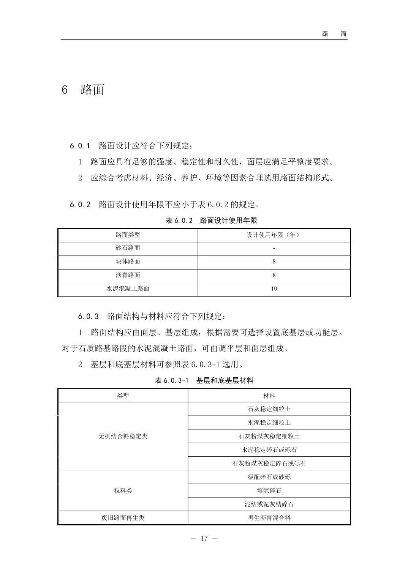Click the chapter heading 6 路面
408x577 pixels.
(83, 90)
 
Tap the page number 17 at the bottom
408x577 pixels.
(204, 538)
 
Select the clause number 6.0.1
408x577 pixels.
(80, 146)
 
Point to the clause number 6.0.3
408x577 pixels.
(89, 316)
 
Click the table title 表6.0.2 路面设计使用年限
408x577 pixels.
(212, 221)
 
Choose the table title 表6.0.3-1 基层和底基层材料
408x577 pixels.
(204, 380)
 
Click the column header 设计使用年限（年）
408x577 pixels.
(274, 235)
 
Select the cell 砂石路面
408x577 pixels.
(128, 248)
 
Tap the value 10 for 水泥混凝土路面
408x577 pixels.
(274, 289)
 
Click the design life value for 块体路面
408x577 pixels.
(274, 262)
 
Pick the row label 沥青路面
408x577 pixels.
(128, 275)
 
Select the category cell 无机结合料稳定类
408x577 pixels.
(123, 436)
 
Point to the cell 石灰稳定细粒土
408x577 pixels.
(269, 409)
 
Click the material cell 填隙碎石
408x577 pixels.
(269, 490)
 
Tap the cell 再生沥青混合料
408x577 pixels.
(269, 518)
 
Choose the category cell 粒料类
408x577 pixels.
(123, 490)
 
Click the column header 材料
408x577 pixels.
(269, 396)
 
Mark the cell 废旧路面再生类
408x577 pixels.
(123, 518)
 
